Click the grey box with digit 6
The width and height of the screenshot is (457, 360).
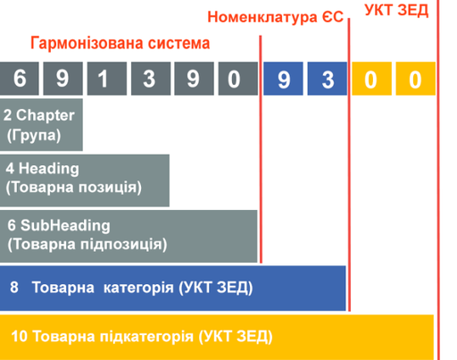[x=20, y=79]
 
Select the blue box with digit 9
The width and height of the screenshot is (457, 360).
[x=283, y=79]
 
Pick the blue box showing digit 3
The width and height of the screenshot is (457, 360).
[x=327, y=79]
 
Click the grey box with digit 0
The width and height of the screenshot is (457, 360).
[x=235, y=79]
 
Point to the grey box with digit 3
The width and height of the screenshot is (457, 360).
[x=148, y=79]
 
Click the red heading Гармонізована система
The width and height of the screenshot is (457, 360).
[x=120, y=43]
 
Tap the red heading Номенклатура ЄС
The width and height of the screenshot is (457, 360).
[x=275, y=16]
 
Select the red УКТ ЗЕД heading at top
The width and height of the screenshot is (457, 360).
[x=397, y=11]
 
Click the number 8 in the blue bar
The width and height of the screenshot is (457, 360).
[x=14, y=288]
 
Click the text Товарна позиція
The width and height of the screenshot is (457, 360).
[x=73, y=188]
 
